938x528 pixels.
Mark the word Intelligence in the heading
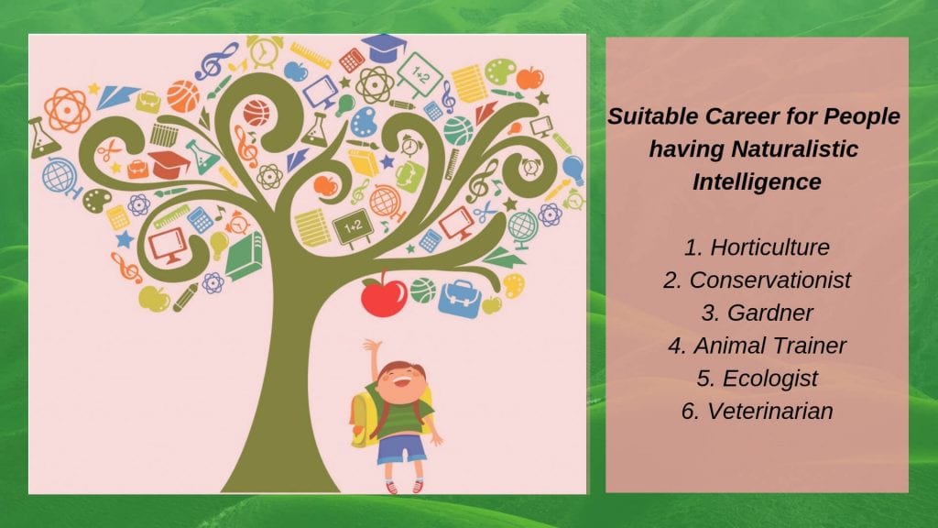click(757, 181)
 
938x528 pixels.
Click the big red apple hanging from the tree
click(383, 296)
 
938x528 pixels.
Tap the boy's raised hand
click(371, 346)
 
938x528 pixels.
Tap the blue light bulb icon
click(573, 169)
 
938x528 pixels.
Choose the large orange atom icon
click(66, 109)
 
